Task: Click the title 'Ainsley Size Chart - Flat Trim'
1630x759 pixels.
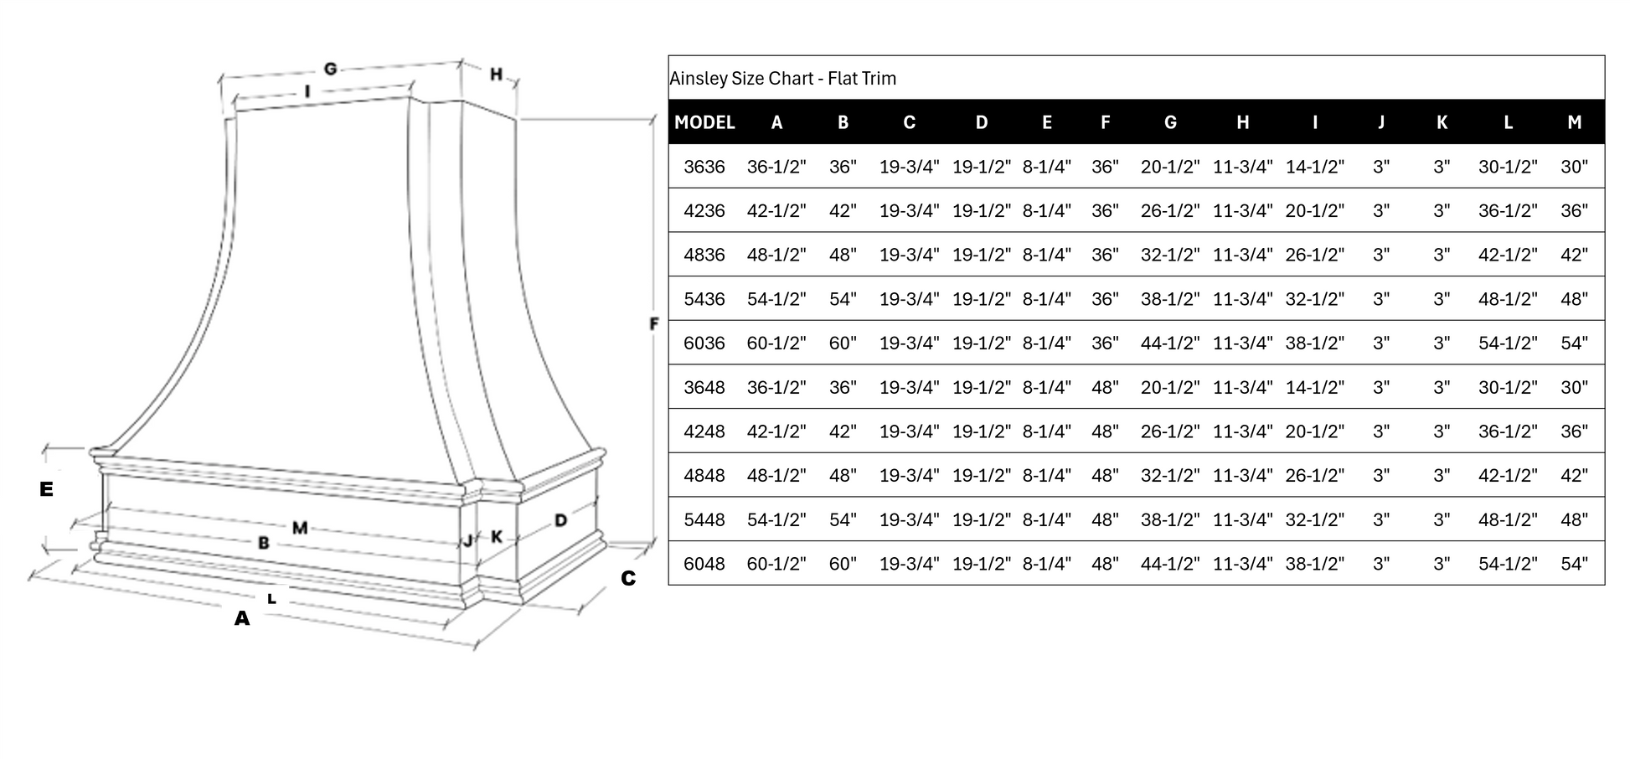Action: point(782,79)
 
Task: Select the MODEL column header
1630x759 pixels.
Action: point(704,122)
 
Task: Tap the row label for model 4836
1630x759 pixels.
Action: point(704,255)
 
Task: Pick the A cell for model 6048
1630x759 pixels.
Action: point(776,564)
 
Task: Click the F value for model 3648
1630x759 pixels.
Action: point(1105,387)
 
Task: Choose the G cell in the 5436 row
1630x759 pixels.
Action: point(1169,299)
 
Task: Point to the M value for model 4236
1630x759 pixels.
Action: point(1574,210)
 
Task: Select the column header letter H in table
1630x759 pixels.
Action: point(1242,122)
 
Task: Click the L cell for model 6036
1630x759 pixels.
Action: point(1508,343)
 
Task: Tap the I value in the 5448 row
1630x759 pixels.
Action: point(1314,519)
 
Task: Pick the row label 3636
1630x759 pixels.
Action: point(704,167)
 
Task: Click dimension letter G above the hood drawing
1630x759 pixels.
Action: point(330,69)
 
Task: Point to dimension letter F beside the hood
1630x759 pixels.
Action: point(654,323)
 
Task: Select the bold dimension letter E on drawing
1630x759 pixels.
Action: point(46,489)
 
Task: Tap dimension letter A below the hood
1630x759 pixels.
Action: point(242,619)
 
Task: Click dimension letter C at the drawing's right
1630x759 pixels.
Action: point(628,578)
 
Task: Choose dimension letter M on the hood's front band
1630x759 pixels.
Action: point(300,528)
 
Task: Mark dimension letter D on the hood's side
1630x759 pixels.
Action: point(560,520)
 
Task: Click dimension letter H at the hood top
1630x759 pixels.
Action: point(496,75)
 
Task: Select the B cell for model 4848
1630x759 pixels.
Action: point(843,475)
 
